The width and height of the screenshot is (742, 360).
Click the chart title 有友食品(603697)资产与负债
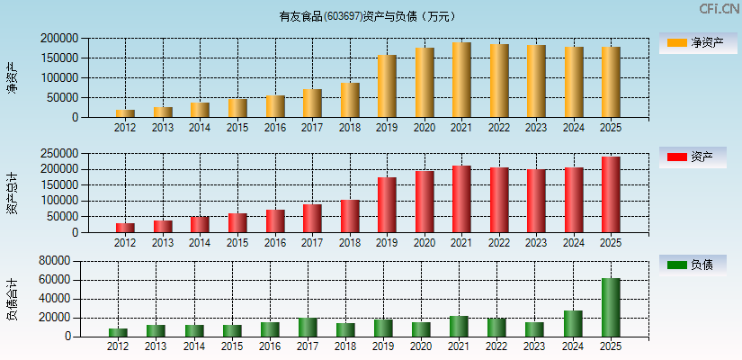pyautogui.click(x=367, y=16)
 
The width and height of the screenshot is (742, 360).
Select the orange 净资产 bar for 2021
pyautogui.click(x=461, y=80)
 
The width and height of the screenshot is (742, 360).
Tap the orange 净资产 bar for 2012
pyautogui.click(x=125, y=113)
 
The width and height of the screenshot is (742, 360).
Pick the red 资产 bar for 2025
pyautogui.click(x=611, y=194)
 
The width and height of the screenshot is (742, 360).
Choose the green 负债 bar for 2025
pyautogui.click(x=611, y=308)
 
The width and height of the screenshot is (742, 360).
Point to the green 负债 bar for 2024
pyautogui.click(x=573, y=324)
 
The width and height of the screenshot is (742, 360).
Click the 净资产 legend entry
pyautogui.click(x=692, y=43)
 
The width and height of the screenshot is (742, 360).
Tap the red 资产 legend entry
pyautogui.click(x=692, y=157)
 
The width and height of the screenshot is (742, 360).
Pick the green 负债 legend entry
pyautogui.click(x=692, y=265)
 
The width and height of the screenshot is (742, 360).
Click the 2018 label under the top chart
pyautogui.click(x=349, y=128)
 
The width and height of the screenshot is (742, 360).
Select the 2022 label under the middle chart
pyautogui.click(x=499, y=243)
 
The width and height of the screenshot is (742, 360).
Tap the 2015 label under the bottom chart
pyautogui.click(x=232, y=346)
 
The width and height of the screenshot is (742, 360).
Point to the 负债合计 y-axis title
pyautogui.click(x=12, y=301)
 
